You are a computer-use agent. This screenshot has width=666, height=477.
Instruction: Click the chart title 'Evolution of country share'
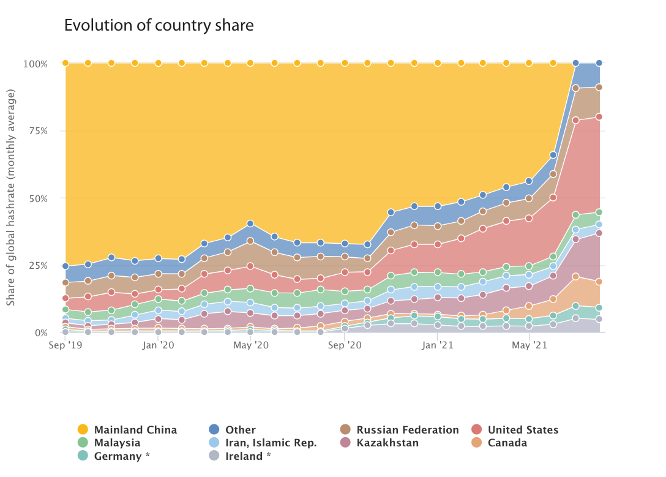coord(159,26)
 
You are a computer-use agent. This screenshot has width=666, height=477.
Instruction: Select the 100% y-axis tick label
coord(36,64)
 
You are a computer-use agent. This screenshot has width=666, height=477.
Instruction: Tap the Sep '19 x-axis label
coord(65,346)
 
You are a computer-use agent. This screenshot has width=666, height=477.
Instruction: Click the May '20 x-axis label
coord(252,346)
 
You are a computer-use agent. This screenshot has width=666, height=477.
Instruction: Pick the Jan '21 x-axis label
coord(438,346)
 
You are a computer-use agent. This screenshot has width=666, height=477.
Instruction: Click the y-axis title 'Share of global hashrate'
coord(11,197)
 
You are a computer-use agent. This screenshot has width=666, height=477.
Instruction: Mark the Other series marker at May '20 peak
coord(250,223)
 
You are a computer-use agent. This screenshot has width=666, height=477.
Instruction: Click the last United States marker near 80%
coord(599,116)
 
